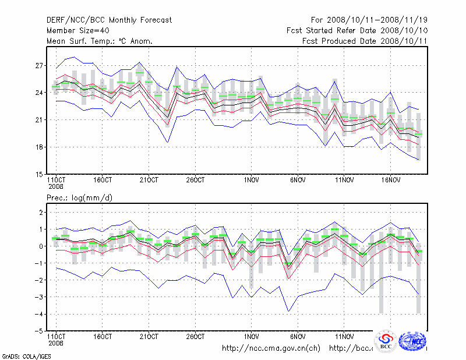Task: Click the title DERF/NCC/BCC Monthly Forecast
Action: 109,20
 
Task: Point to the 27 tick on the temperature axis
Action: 40,66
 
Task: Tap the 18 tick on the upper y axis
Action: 40,147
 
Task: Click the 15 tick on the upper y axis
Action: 40,174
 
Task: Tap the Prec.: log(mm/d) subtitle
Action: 79,198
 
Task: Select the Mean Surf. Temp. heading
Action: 100,41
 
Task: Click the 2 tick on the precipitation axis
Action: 41,213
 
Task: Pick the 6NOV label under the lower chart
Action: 298,337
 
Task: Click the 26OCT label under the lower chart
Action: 195,337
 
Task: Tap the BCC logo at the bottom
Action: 385,341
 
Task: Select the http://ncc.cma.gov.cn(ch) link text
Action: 271,348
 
